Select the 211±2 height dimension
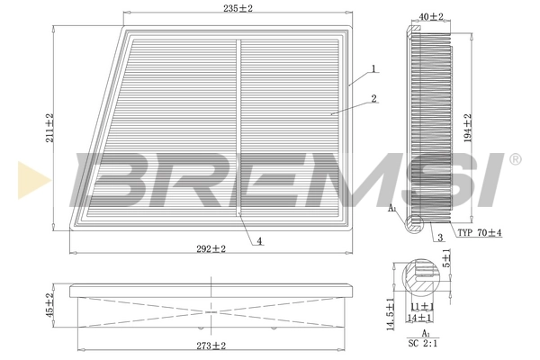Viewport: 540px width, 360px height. click(x=50, y=129)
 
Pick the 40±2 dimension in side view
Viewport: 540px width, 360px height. click(x=431, y=16)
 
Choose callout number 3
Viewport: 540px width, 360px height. click(x=440, y=238)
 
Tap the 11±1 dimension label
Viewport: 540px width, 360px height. click(x=421, y=307)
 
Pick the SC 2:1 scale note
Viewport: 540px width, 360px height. click(x=422, y=343)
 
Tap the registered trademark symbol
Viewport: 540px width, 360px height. click(x=515, y=159)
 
